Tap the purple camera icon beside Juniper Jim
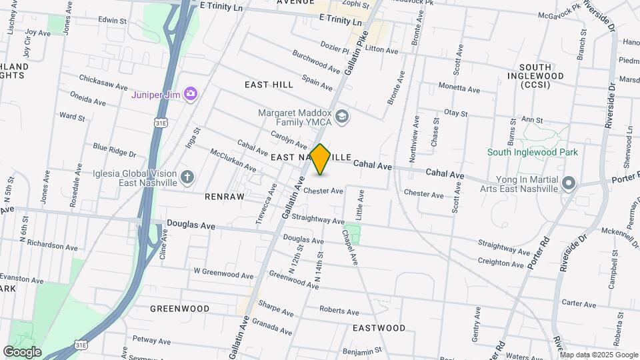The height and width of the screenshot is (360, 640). pyautogui.click(x=191, y=94)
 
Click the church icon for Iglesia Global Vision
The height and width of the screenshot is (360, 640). pyautogui.click(x=188, y=177)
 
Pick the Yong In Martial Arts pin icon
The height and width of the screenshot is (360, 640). pyautogui.click(x=568, y=183)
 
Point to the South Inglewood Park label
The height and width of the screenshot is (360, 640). pyautogui.click(x=532, y=152)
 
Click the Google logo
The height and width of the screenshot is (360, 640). pyautogui.click(x=22, y=351)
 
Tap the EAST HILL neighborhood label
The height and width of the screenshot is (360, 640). pyautogui.click(x=269, y=85)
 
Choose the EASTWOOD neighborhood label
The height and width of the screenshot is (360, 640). pyautogui.click(x=379, y=328)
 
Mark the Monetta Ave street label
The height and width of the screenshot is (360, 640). pyautogui.click(x=459, y=89)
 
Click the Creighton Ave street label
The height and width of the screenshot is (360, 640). pyautogui.click(x=501, y=263)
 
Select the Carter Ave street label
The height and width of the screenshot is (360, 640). pyautogui.click(x=579, y=303)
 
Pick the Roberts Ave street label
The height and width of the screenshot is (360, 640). pyautogui.click(x=339, y=311)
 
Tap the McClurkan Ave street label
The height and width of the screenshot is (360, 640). pyautogui.click(x=233, y=160)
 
